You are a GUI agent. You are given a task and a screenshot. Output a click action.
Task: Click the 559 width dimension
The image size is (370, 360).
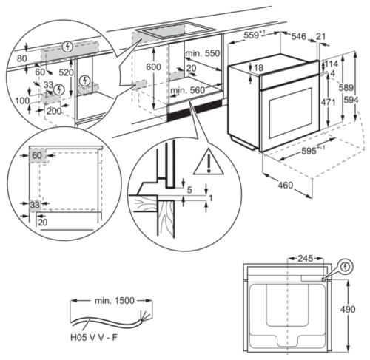click(254, 35)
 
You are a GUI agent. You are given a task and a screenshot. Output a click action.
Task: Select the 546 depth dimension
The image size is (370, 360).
click(298, 35)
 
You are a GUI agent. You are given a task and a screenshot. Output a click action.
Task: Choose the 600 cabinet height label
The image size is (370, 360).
click(152, 67)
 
